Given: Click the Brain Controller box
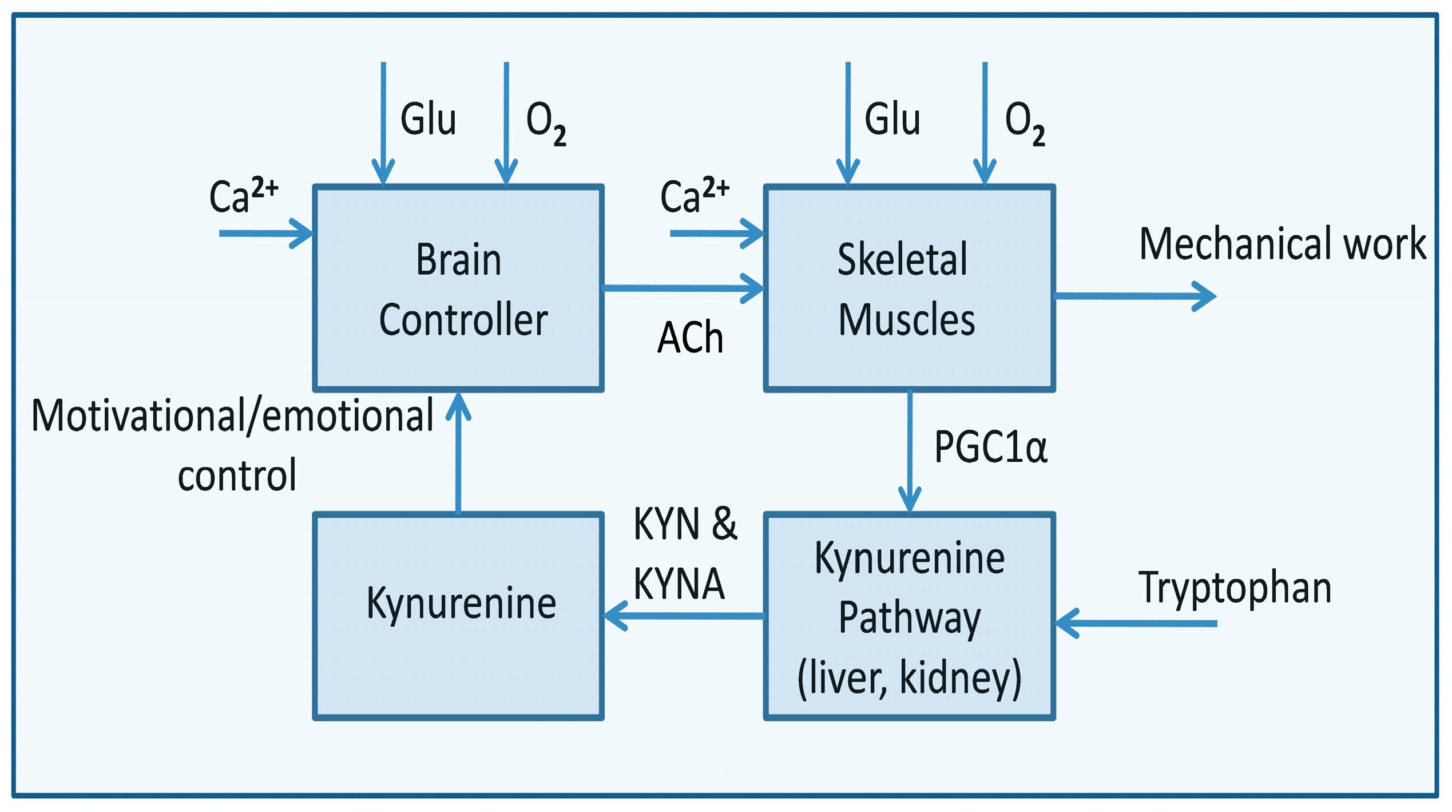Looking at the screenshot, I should [458, 288].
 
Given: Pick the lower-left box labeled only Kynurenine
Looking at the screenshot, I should [458, 616].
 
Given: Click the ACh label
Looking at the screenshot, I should [690, 338].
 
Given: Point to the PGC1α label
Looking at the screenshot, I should [990, 447].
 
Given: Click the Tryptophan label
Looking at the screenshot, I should [1235, 587].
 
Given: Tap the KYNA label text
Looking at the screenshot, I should [679, 584].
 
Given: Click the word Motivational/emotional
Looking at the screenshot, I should [232, 415].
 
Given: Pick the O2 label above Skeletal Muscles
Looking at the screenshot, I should [1024, 122].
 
